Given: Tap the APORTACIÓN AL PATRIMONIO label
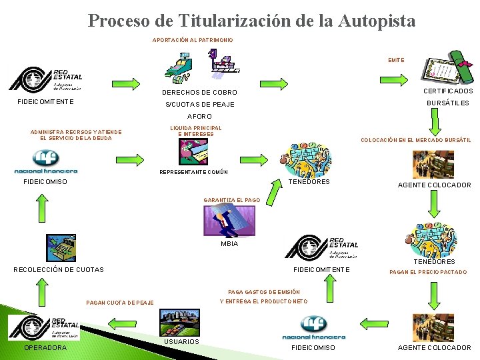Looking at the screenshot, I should tap(193, 41).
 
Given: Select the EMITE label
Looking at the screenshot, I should tap(396, 60).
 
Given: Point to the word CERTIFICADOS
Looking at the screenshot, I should tap(448, 91).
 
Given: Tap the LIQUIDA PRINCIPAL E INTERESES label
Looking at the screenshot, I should tap(196, 131).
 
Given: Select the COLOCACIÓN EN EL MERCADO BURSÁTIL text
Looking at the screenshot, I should tap(415, 141).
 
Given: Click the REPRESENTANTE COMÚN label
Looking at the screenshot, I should tap(193, 172).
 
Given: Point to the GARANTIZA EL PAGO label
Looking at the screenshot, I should tap(231, 200).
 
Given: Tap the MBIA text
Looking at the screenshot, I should tap(229, 243).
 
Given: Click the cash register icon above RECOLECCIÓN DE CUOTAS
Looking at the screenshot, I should tap(61, 247).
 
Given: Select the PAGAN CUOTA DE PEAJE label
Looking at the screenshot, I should tap(120, 303).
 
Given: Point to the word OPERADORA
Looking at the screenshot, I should tap(45, 347).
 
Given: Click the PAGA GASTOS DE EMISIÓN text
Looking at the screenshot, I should tap(264, 292).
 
